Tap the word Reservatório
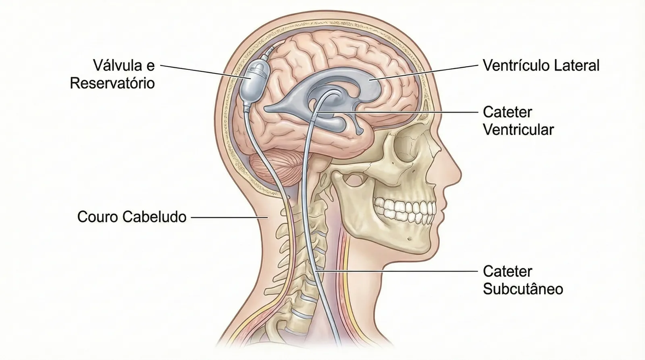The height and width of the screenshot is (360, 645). [112, 83]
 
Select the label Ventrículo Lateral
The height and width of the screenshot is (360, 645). [541, 65]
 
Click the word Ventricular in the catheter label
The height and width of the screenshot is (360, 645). [518, 130]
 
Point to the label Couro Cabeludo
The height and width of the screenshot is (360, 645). [132, 217]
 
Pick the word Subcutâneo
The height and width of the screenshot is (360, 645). [523, 289]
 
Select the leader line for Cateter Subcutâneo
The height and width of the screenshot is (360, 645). [399, 272]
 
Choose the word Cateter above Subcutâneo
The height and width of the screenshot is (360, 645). [508, 271]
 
